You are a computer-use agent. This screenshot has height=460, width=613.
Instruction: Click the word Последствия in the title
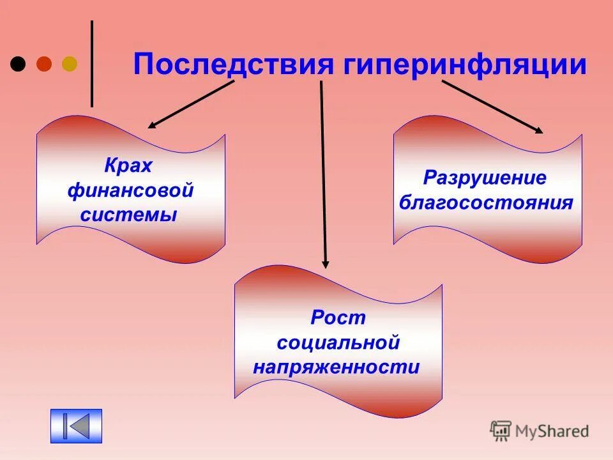coord(234,65)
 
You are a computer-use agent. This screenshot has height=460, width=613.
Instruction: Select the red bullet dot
coord(44,64)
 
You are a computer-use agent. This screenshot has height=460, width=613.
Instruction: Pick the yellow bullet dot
coord(69,64)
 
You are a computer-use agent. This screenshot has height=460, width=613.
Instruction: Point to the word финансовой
coord(130,190)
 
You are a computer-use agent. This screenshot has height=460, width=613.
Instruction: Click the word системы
coord(128,215)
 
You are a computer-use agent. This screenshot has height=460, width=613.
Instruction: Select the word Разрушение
coord(486,178)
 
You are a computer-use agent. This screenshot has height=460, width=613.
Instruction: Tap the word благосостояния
coord(486,203)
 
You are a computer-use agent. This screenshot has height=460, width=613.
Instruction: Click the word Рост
coord(338,318)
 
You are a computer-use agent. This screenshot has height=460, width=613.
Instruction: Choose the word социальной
coord(338,342)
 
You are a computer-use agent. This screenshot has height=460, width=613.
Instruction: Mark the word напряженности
coord(337,367)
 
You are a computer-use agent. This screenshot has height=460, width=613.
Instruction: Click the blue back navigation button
coord(76,426)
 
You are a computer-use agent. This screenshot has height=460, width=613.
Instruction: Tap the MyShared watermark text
coord(552,431)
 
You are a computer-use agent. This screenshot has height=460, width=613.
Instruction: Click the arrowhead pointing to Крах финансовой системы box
coord(151,126)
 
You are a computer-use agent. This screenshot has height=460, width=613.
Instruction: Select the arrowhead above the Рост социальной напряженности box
coord(325,264)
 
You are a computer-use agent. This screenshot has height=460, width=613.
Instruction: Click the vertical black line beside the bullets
coord(92,64)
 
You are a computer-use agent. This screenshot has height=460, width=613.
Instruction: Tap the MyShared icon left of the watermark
coord(501,431)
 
